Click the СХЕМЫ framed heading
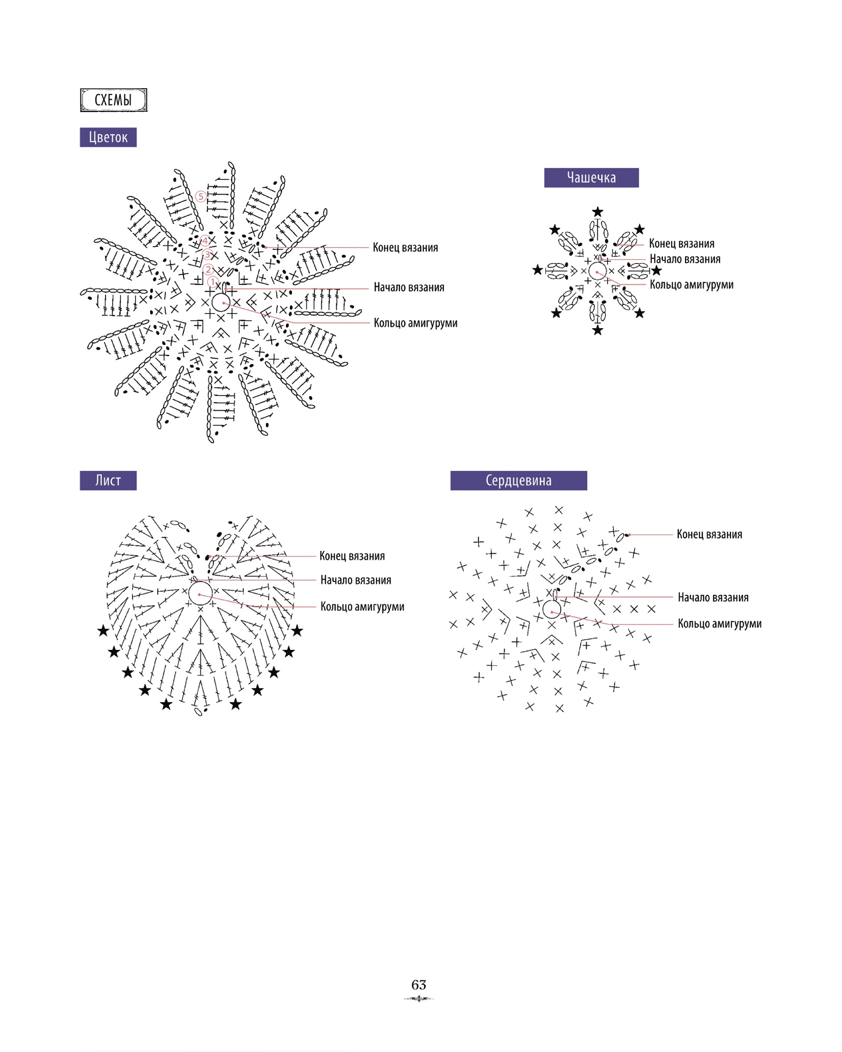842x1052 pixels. (x=113, y=100)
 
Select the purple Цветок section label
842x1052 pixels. (x=108, y=137)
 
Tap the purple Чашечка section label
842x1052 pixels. (x=591, y=177)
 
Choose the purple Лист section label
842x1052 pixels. (x=108, y=480)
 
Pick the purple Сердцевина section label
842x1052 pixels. (x=518, y=480)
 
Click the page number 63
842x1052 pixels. (x=418, y=984)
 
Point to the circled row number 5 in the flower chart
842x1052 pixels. (x=201, y=196)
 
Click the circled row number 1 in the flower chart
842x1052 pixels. (x=213, y=282)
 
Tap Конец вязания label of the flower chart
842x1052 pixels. (x=405, y=248)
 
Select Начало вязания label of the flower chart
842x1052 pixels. (x=409, y=287)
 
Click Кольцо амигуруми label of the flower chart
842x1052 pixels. (x=415, y=323)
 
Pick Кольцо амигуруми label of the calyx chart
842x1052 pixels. (x=691, y=285)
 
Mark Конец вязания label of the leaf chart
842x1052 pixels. (x=352, y=556)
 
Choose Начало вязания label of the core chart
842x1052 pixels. (x=713, y=597)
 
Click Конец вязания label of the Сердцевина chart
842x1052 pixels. (x=709, y=535)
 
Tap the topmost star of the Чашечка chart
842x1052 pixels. (x=598, y=212)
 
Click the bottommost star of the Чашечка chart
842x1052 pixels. (x=598, y=330)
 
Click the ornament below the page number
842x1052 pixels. (x=418, y=998)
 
